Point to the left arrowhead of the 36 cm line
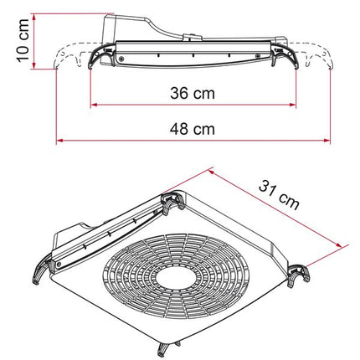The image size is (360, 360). pyautogui.click(x=93, y=105)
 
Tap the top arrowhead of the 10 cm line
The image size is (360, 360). pyautogui.click(x=29, y=14)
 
